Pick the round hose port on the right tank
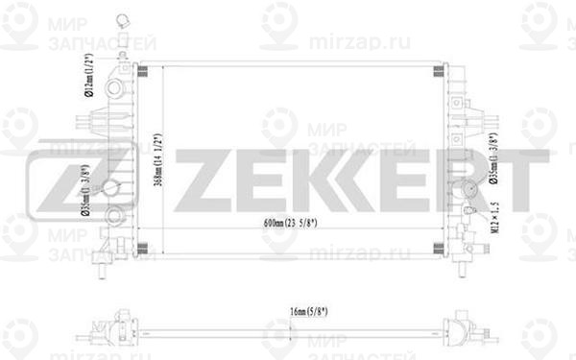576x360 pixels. click(x=471, y=188)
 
